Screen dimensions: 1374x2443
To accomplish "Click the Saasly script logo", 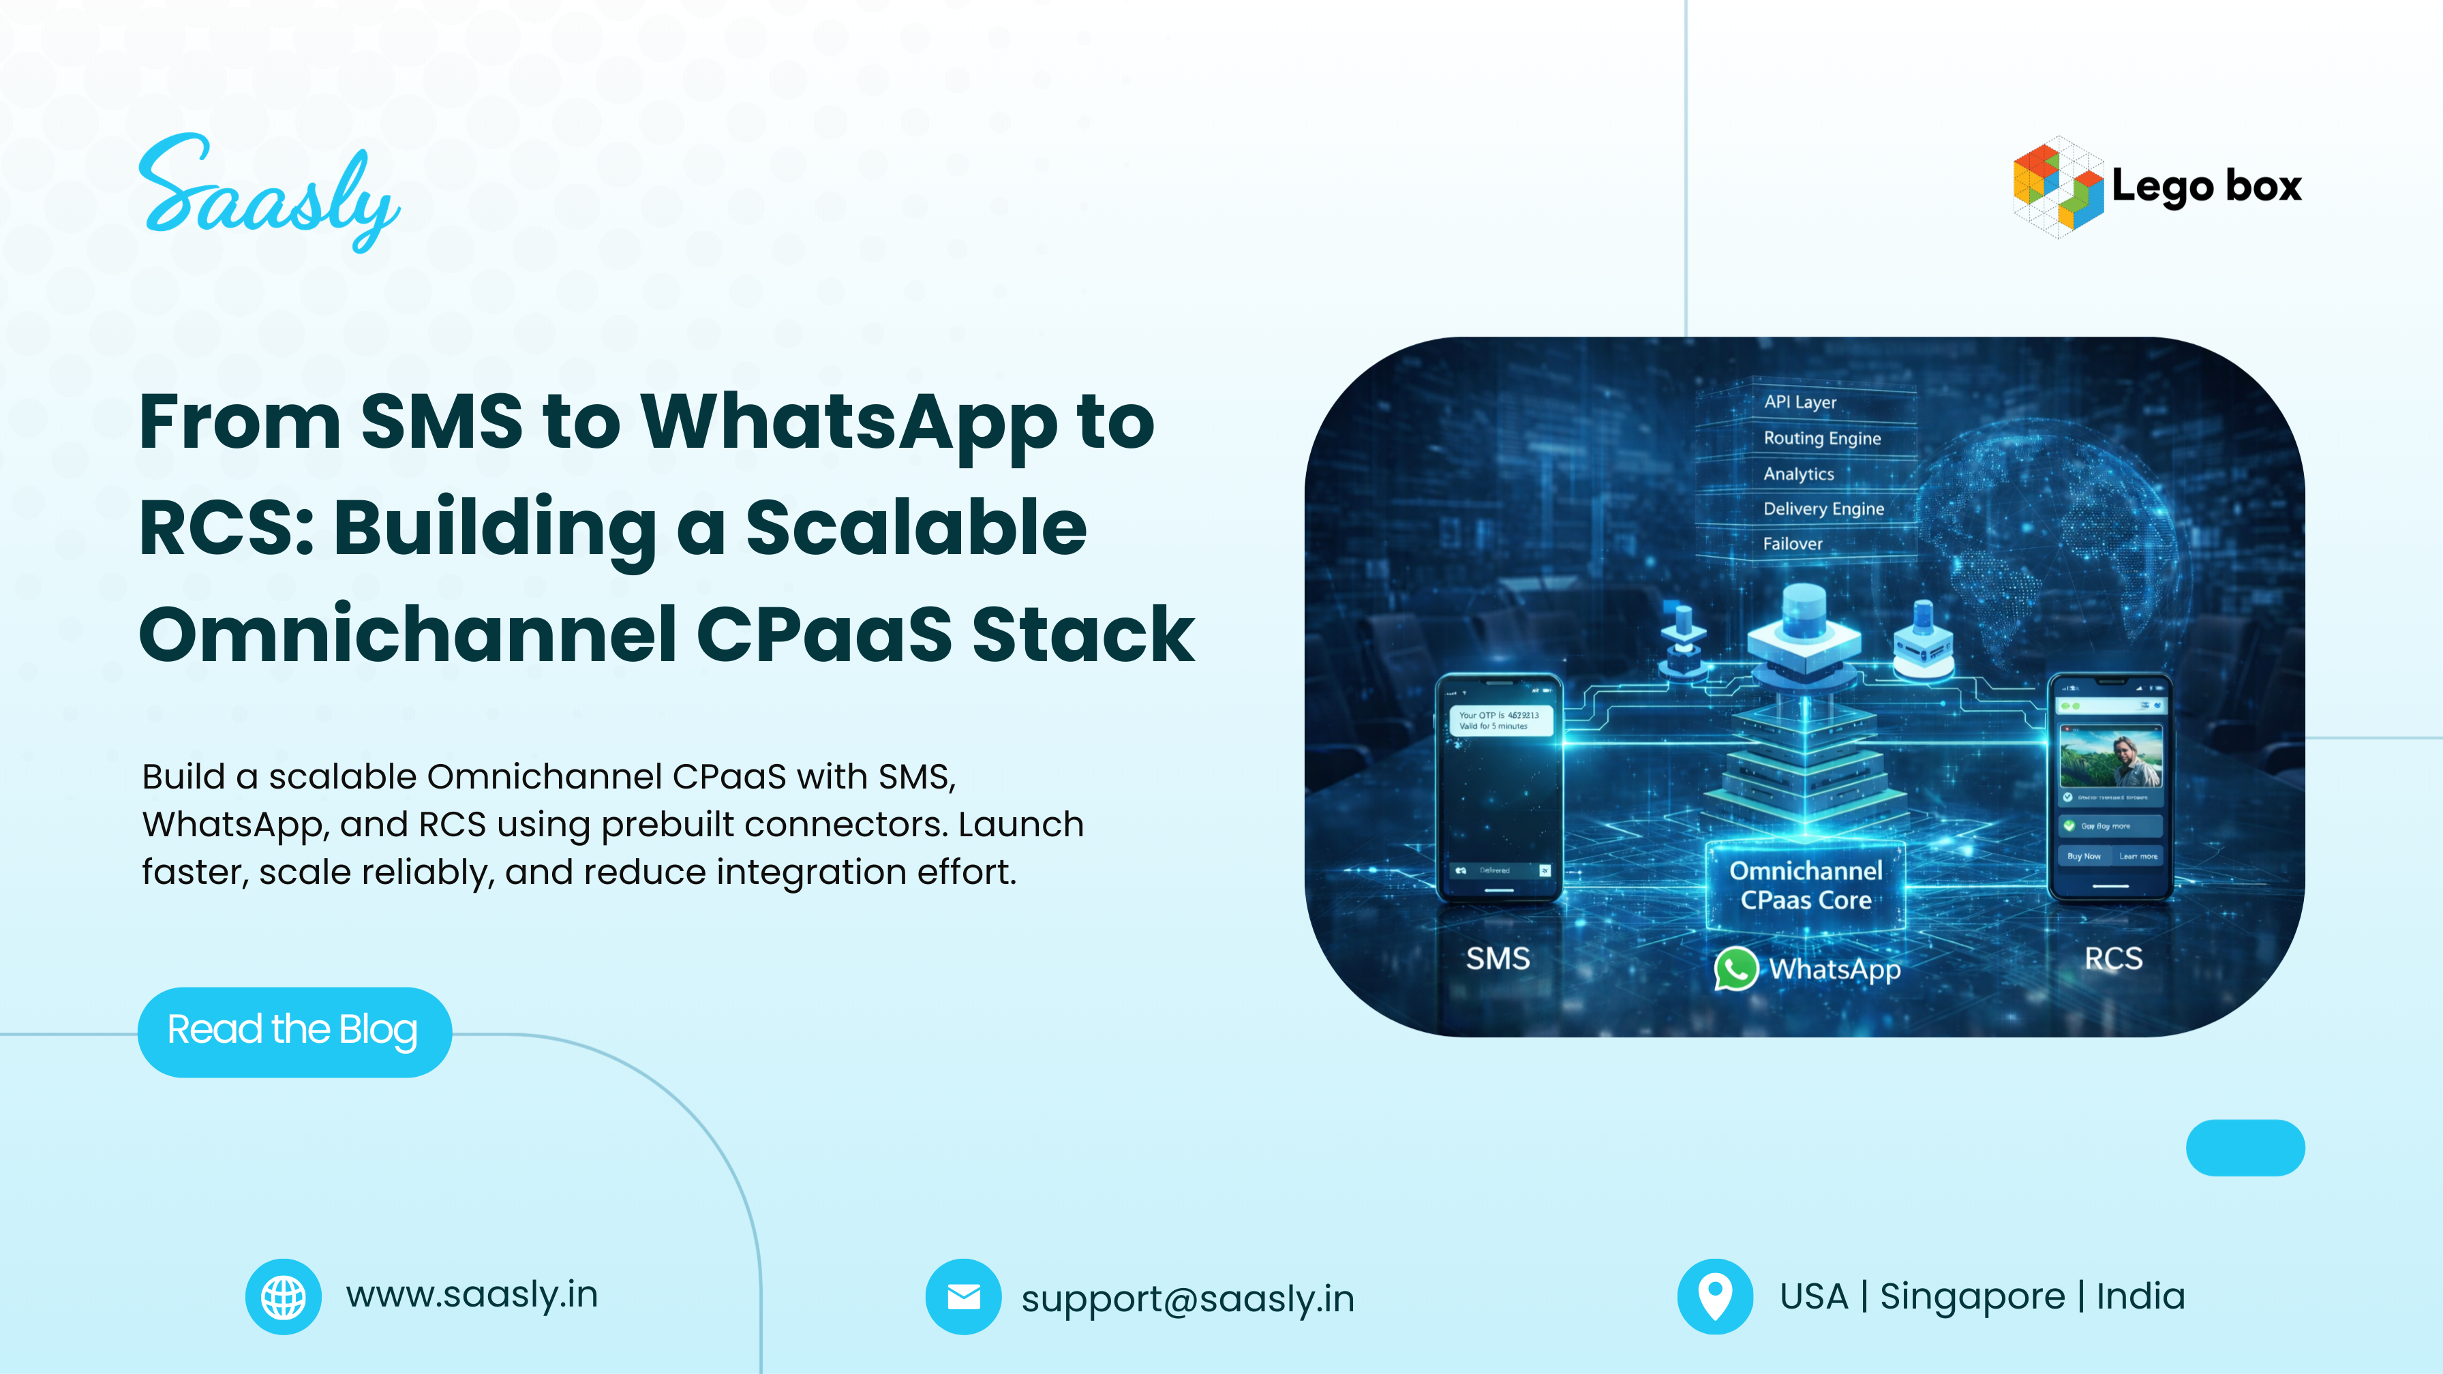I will click(x=269, y=194).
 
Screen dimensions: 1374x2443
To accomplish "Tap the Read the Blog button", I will click(x=294, y=1030).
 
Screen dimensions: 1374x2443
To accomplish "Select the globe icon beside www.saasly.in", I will click(x=283, y=1296).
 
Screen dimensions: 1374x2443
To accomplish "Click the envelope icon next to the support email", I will click(x=962, y=1296).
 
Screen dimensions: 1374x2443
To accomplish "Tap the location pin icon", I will click(x=1714, y=1296).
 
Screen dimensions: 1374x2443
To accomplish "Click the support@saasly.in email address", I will click(x=1187, y=1298).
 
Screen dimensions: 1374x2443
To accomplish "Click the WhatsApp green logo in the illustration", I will click(x=1735, y=969).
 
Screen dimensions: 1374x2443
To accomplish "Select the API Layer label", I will click(x=1800, y=402).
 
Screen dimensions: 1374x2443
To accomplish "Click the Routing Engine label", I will click(x=1822, y=438).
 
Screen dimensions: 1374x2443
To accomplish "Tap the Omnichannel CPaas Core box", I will click(x=1806, y=885).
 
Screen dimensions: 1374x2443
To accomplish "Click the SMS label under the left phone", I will click(x=1498, y=959).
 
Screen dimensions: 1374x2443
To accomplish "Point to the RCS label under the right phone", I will click(x=2113, y=959).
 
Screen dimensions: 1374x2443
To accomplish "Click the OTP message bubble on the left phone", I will click(x=1500, y=720).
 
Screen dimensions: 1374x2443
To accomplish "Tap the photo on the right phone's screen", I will click(x=2111, y=757).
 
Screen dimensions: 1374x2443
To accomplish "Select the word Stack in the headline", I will click(x=1083, y=635).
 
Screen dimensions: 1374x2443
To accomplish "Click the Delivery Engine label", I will click(x=1823, y=509).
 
